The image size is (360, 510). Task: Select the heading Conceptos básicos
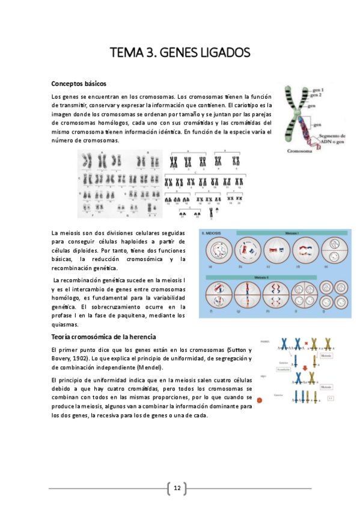[x=79, y=84]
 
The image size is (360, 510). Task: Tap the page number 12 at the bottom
[x=177, y=488]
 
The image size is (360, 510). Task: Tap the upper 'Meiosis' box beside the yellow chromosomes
[x=340, y=355]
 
